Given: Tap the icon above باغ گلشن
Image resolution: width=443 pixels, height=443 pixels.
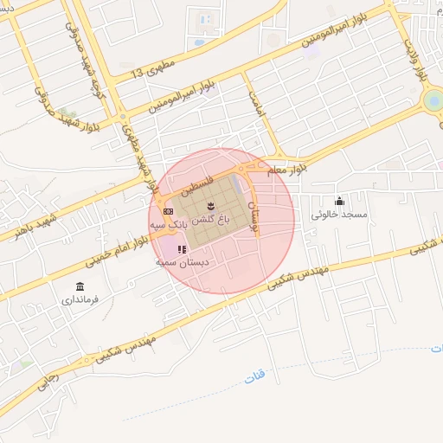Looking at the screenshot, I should click(210, 205).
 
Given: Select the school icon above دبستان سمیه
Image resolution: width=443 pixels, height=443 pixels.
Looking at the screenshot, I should click(181, 249).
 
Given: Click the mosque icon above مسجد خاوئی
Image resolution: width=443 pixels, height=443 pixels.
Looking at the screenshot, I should click(339, 201).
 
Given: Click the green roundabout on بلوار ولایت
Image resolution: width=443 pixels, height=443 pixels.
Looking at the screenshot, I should click(432, 103).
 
